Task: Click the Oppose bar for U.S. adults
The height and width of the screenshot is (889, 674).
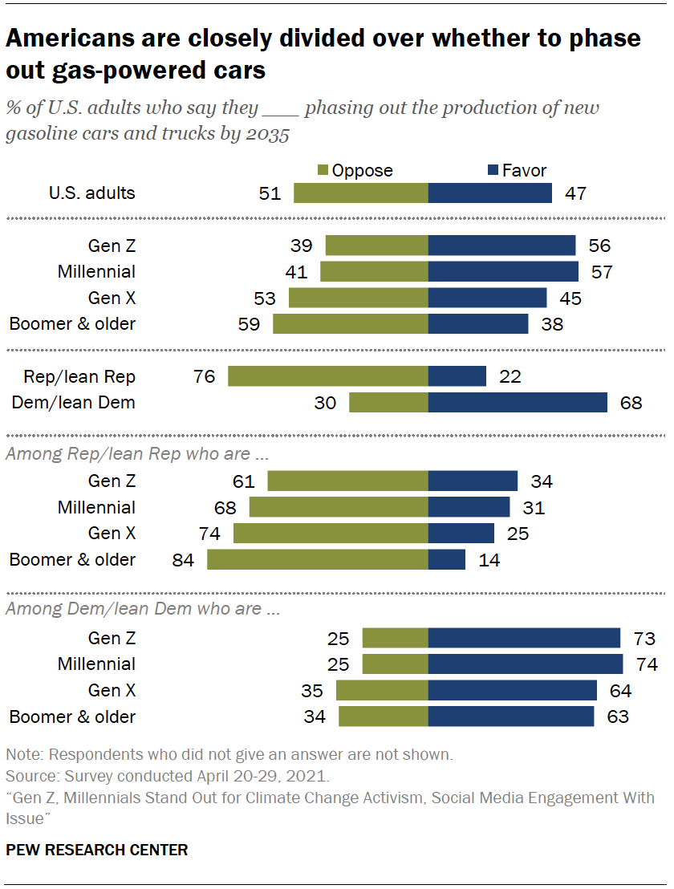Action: coord(361,193)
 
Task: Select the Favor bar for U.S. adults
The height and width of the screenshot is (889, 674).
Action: coord(490,193)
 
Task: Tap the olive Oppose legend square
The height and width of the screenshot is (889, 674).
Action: coord(323,171)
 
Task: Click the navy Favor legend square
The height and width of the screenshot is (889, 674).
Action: coord(493,171)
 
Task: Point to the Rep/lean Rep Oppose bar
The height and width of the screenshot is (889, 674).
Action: coord(328,376)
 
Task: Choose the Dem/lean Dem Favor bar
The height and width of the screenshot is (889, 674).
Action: coord(518,403)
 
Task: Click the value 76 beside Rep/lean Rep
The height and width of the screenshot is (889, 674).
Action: coord(205,376)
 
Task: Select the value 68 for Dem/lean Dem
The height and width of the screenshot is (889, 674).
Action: coord(631,403)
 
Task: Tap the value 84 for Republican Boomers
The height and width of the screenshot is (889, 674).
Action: coord(183,560)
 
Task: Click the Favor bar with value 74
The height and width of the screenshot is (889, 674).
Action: coord(526,664)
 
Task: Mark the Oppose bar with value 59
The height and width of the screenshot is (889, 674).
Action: coord(351,324)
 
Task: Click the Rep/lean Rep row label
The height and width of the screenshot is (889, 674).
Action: coord(79,376)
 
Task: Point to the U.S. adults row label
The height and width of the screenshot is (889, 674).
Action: coord(91,193)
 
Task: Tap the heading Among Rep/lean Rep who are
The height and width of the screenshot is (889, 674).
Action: coord(137,453)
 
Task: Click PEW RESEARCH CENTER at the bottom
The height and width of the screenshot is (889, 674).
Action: coord(97,850)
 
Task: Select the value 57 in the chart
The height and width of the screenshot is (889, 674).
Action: coord(602,272)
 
